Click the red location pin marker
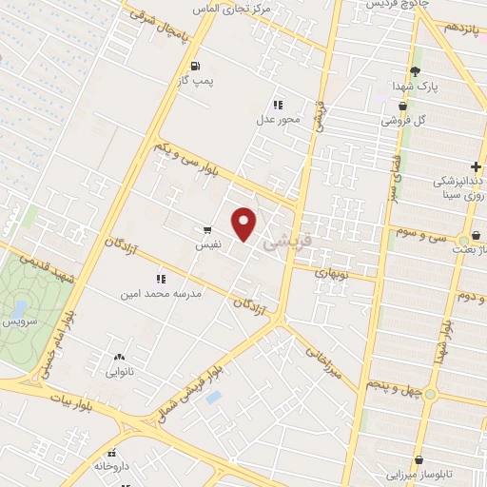[x=245, y=223]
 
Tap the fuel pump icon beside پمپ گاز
[x=196, y=67]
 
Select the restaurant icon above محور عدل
[x=278, y=105]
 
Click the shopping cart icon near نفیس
[x=207, y=229]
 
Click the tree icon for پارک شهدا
[x=414, y=71]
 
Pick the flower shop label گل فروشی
[x=404, y=121]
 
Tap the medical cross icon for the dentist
[x=475, y=167]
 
